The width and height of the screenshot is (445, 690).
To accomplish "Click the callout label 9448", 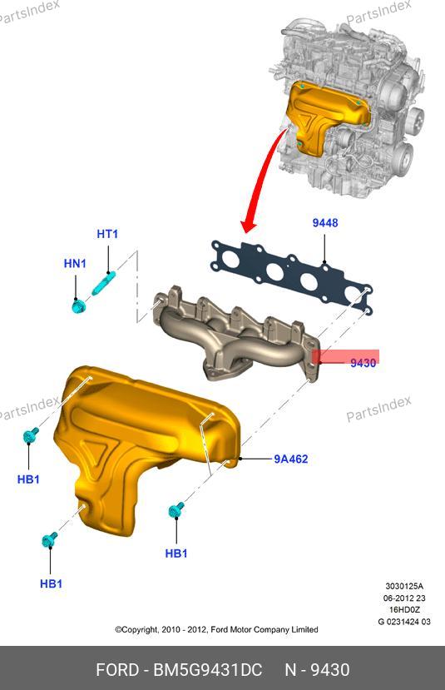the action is pyautogui.click(x=325, y=223).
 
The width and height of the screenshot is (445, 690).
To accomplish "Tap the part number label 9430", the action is pyautogui.click(x=363, y=363).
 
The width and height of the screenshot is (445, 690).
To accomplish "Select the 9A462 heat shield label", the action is pyautogui.click(x=290, y=459).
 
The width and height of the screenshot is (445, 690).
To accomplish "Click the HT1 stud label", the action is pyautogui.click(x=107, y=234).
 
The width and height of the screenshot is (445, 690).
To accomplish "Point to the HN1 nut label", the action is pyautogui.click(x=75, y=264).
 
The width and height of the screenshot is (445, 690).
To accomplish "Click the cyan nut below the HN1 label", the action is pyautogui.click(x=78, y=306).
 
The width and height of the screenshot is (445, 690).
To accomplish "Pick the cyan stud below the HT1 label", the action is pyautogui.click(x=104, y=283).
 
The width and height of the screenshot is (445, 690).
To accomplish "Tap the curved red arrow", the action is pyautogui.click(x=264, y=176).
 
